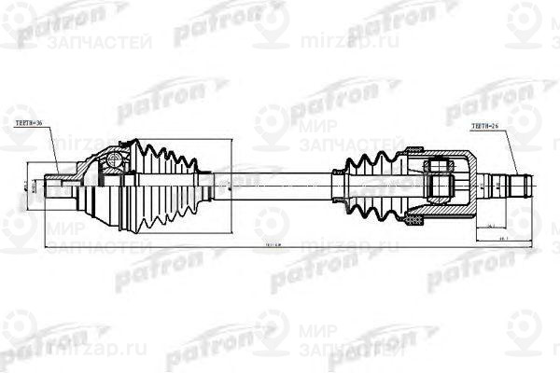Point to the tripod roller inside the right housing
[440, 177]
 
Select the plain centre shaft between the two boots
[280, 181]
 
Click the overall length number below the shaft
[273, 247]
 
